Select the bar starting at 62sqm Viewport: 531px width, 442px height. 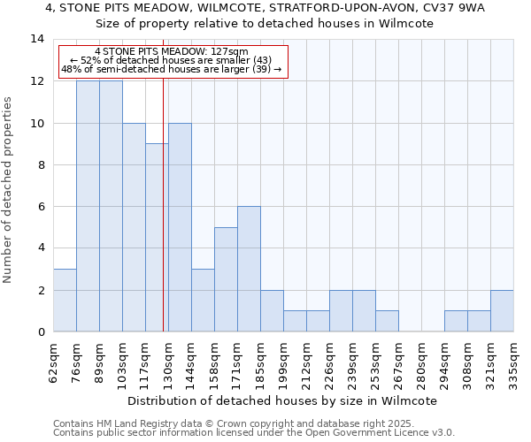pyautogui.click(x=65, y=301)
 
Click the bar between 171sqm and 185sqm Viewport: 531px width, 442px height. pyautogui.click(x=249, y=270)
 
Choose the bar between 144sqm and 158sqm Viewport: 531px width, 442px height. pyautogui.click(x=203, y=301)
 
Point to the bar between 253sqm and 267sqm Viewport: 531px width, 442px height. pyautogui.click(x=387, y=322)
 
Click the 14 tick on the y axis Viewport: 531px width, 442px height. pyautogui.click(x=37, y=39)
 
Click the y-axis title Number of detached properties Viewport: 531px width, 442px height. pyautogui.click(x=9, y=190)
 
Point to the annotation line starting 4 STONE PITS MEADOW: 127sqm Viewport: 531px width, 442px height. pyautogui.click(x=171, y=52)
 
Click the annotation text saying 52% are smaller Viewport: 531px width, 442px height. pyautogui.click(x=171, y=60)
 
